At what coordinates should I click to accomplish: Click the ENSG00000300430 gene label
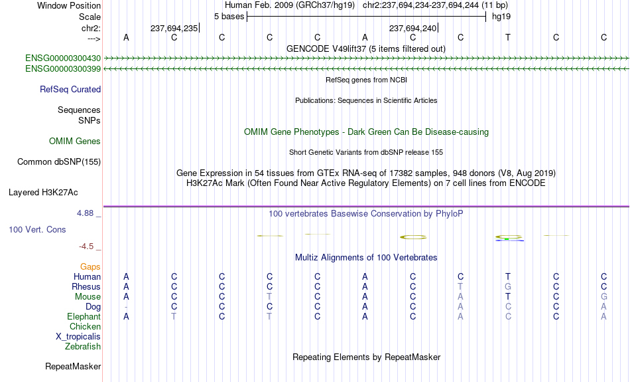[63, 58]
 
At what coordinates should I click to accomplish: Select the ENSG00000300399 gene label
[63, 69]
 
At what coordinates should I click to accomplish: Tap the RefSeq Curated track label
[70, 90]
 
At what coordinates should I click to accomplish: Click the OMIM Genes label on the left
[75, 142]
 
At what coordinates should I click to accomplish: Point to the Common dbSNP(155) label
[59, 162]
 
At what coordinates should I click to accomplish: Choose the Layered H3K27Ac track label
[43, 193]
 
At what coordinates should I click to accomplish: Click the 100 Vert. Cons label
[37, 229]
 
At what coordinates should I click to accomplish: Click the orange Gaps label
[90, 267]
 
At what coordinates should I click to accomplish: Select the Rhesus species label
[86, 286]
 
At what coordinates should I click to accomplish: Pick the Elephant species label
[84, 317]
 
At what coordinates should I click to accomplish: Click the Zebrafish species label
[83, 347]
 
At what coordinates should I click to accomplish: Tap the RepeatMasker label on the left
[73, 366]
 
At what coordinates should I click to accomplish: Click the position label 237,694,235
[174, 28]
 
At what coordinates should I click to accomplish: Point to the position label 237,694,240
[412, 28]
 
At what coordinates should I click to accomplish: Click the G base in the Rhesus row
[508, 286]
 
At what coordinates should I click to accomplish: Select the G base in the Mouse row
[603, 297]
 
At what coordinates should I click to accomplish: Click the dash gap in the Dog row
[126, 307]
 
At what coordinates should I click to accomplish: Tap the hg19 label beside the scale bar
[501, 17]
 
